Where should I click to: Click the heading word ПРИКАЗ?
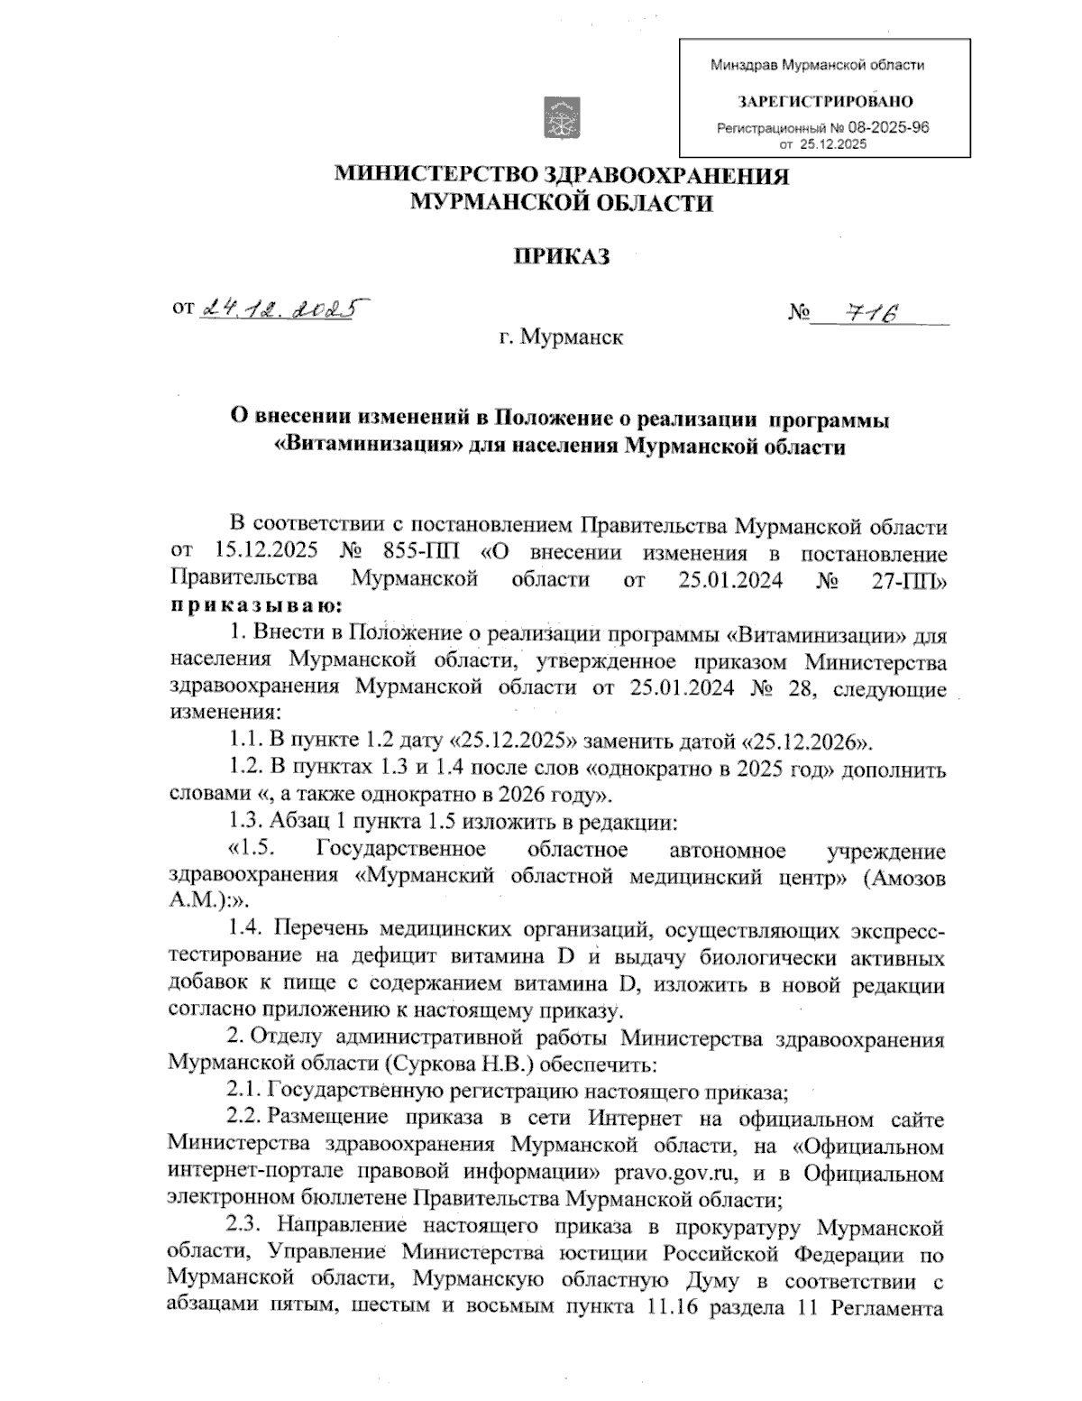561,257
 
